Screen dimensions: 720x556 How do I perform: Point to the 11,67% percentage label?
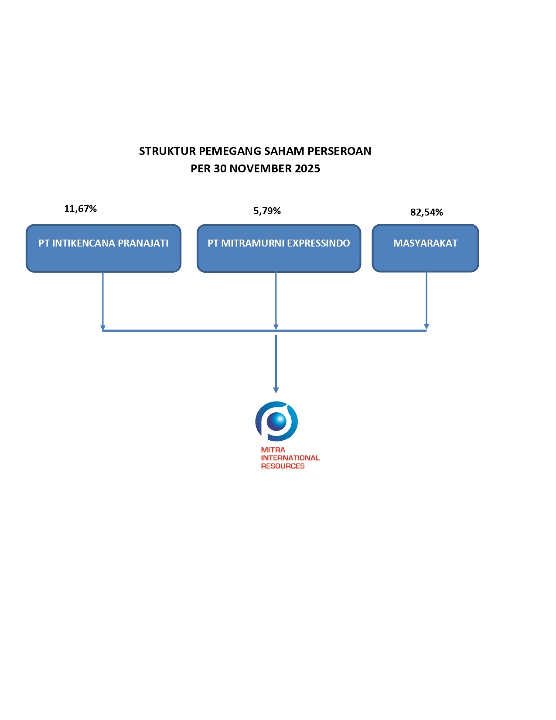(x=80, y=209)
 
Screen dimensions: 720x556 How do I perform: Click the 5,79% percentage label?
(x=267, y=211)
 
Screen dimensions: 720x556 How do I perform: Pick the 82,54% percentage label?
(x=426, y=213)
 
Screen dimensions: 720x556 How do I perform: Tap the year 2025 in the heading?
(x=307, y=169)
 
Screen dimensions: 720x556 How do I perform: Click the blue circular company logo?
(x=276, y=421)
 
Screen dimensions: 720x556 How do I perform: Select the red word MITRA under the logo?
(x=273, y=450)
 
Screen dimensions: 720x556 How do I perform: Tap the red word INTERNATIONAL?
(x=290, y=458)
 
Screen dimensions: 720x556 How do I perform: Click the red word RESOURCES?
(x=283, y=466)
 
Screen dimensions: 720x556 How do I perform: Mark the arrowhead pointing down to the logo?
(x=276, y=390)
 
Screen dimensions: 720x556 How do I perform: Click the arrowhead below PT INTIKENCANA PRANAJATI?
(x=103, y=328)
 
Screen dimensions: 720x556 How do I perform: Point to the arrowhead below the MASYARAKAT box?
(x=426, y=327)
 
